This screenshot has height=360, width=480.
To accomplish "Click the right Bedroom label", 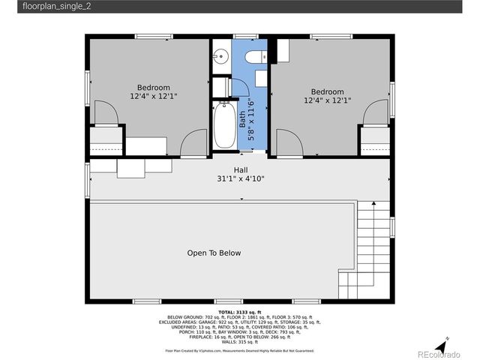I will (x=327, y=92).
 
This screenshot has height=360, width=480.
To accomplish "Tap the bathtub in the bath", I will (x=223, y=127).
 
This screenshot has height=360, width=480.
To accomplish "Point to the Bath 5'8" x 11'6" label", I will (x=247, y=119).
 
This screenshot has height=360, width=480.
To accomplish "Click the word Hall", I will (x=240, y=169).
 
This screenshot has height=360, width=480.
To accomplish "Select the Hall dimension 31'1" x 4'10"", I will (x=240, y=178).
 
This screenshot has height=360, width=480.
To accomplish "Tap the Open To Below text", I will (x=214, y=253).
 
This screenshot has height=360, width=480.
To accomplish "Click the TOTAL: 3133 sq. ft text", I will (x=239, y=311).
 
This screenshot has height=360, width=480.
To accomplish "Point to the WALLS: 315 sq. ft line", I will (x=239, y=341).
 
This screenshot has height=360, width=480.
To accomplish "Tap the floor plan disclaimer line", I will (x=239, y=350).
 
